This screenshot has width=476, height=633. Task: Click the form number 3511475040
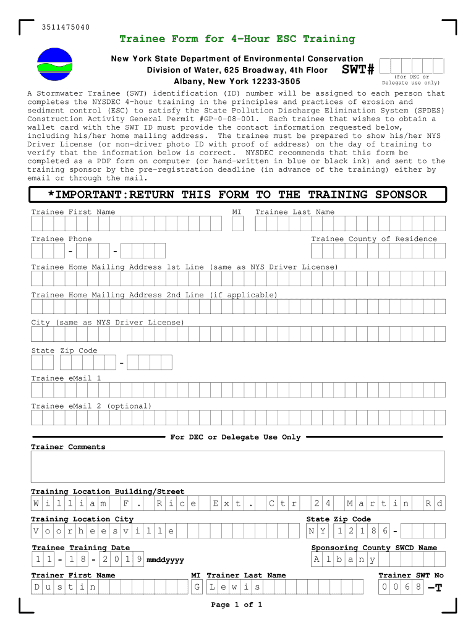click(66, 27)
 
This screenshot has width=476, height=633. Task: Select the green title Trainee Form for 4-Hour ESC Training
click(237, 39)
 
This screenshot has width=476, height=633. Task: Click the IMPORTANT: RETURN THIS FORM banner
click(237, 195)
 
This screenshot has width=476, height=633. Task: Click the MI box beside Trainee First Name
click(237, 223)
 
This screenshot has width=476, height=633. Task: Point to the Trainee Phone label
click(61, 239)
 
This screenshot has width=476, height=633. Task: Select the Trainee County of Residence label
click(374, 239)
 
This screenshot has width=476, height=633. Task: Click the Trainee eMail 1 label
click(66, 378)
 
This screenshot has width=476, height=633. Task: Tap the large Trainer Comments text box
click(237, 466)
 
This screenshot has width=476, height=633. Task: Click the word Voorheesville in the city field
click(103, 531)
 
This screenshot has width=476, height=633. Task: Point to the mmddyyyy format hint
click(165, 560)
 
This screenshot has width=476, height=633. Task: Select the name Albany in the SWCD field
click(344, 559)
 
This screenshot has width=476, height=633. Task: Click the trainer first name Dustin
click(65, 587)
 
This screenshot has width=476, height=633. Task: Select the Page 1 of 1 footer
click(237, 605)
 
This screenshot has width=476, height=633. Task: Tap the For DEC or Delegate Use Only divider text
click(236, 437)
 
